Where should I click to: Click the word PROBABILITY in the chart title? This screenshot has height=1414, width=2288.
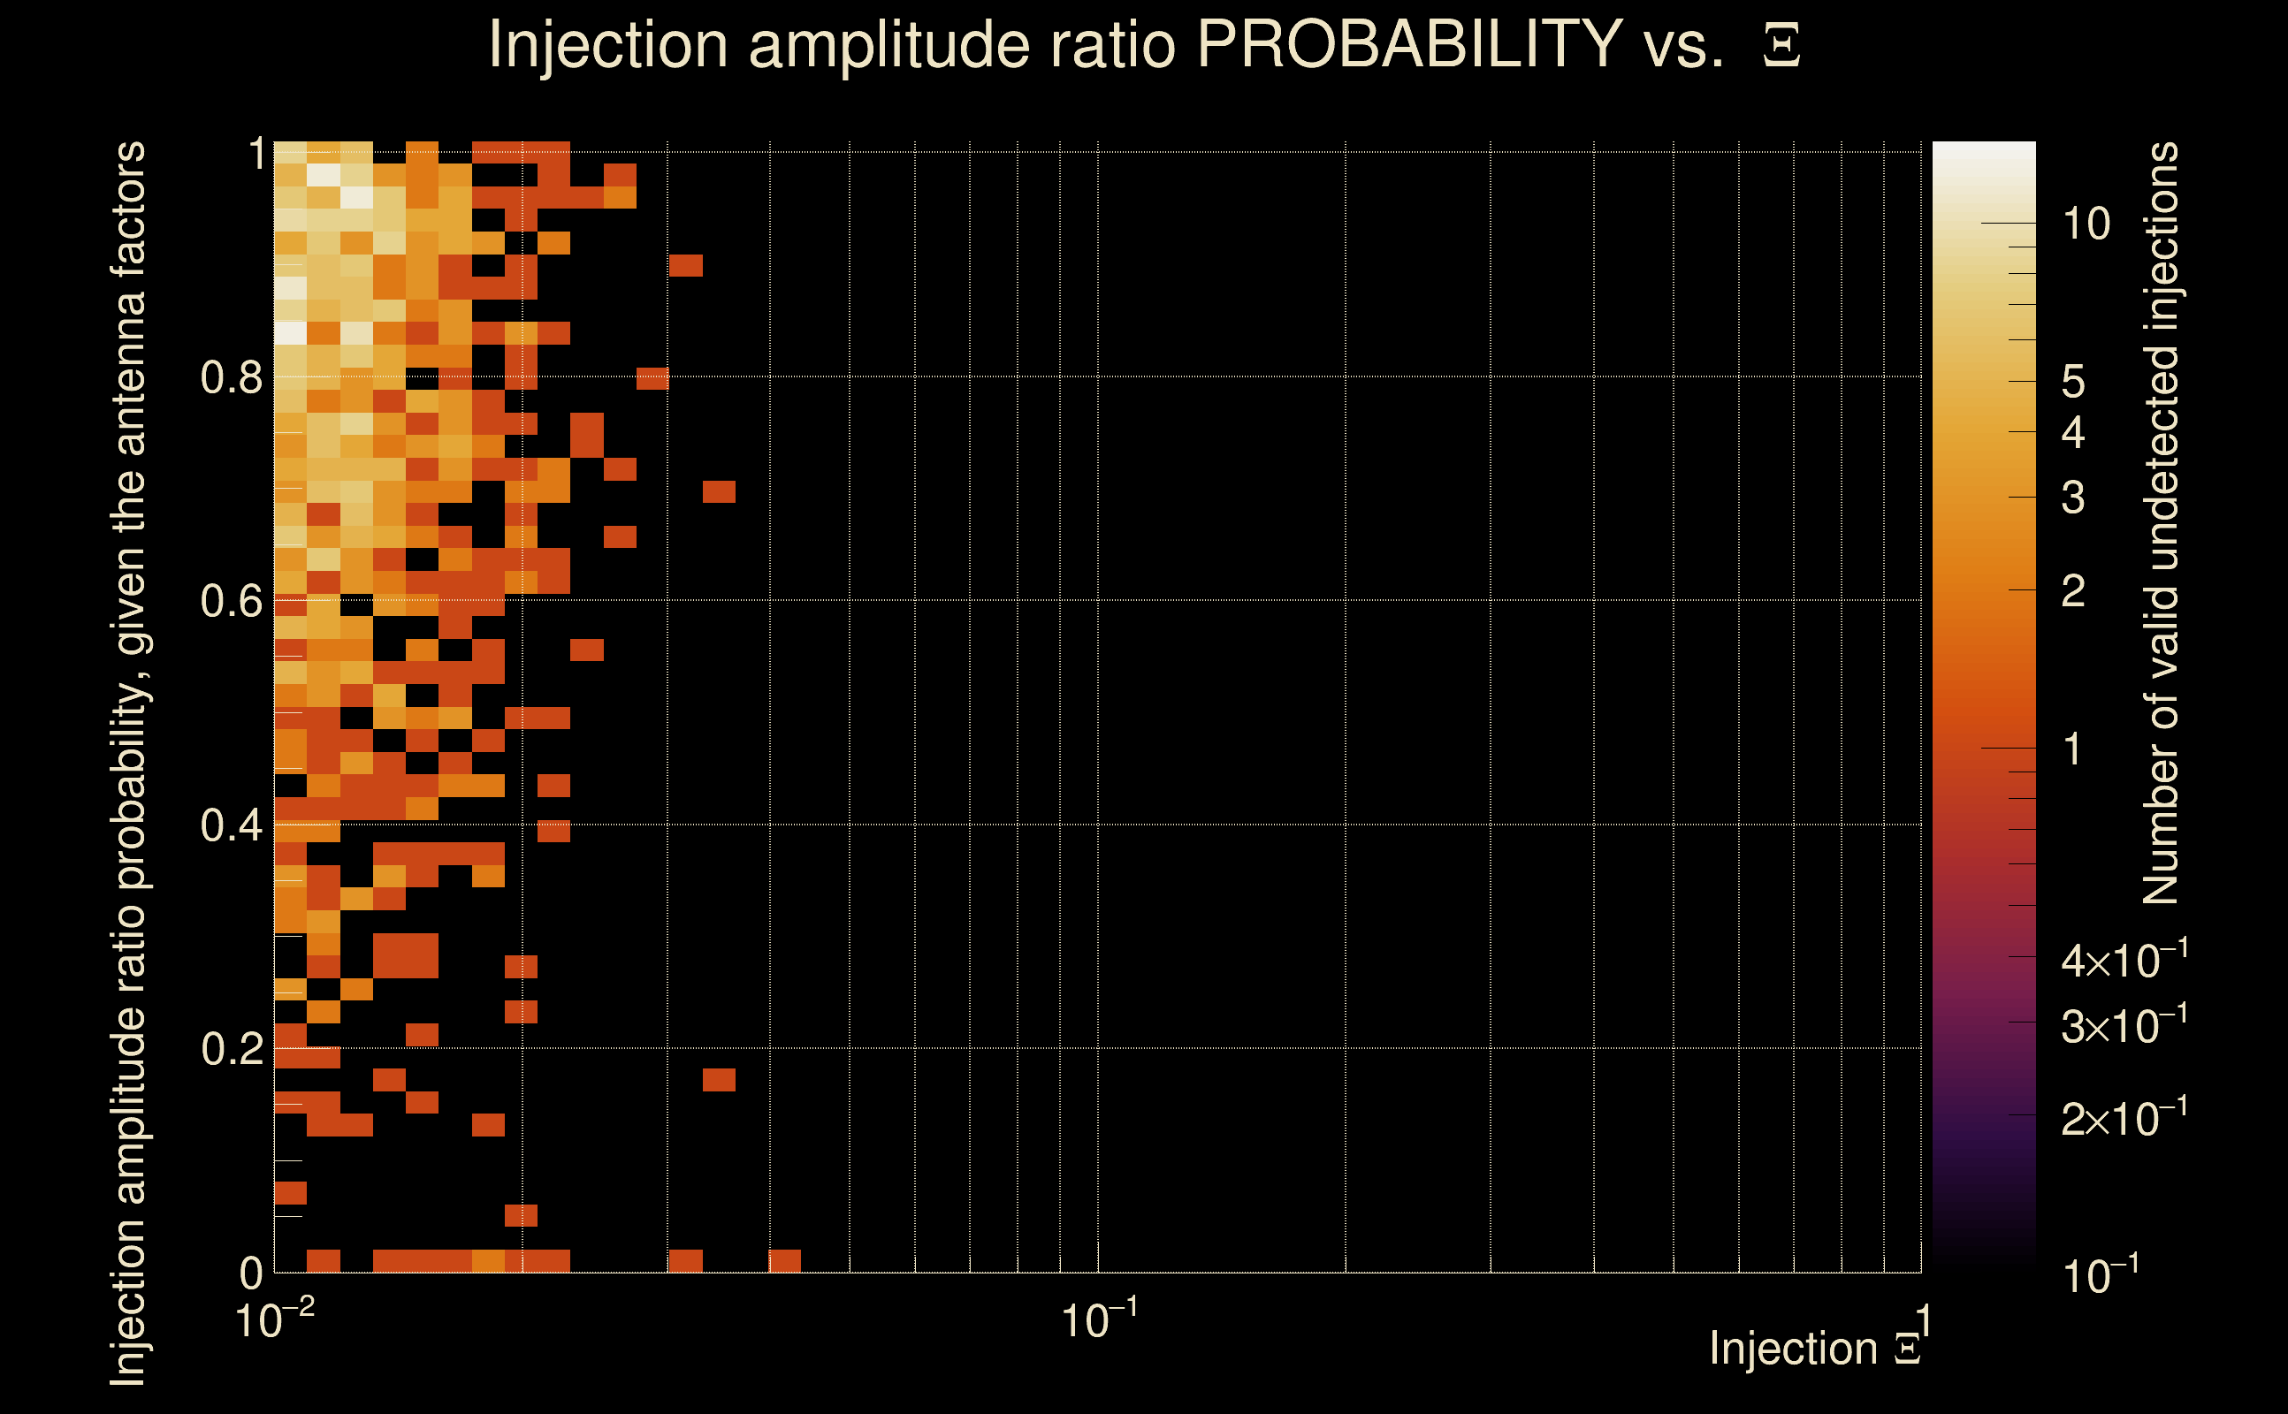pos(1409,45)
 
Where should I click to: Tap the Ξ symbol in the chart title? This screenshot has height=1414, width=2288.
pos(1781,46)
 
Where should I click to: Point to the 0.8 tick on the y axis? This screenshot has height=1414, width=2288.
pos(231,378)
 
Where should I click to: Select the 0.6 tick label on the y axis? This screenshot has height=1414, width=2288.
pos(231,601)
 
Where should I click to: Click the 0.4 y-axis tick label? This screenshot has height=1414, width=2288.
pos(231,825)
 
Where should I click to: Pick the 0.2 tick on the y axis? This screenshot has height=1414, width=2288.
pos(231,1049)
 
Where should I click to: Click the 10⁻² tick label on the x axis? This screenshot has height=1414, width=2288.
pos(274,1320)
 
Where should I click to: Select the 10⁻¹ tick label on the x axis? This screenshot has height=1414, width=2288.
pos(1099,1320)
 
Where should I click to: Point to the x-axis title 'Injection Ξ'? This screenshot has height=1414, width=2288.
pos(1815,1349)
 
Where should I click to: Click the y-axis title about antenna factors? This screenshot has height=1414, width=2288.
pos(129,763)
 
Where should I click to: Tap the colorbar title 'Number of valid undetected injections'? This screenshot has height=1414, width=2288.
pos(2161,524)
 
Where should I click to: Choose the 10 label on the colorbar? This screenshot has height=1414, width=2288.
pos(2086,224)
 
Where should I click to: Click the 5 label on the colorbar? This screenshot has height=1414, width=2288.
pos(2073,383)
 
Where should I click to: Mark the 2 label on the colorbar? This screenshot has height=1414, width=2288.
pos(2073,591)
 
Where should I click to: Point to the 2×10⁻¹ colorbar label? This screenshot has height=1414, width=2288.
pos(2124,1119)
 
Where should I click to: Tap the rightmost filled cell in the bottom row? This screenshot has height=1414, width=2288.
pos(784,1260)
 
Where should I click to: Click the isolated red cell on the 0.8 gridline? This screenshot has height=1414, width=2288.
pos(652,379)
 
